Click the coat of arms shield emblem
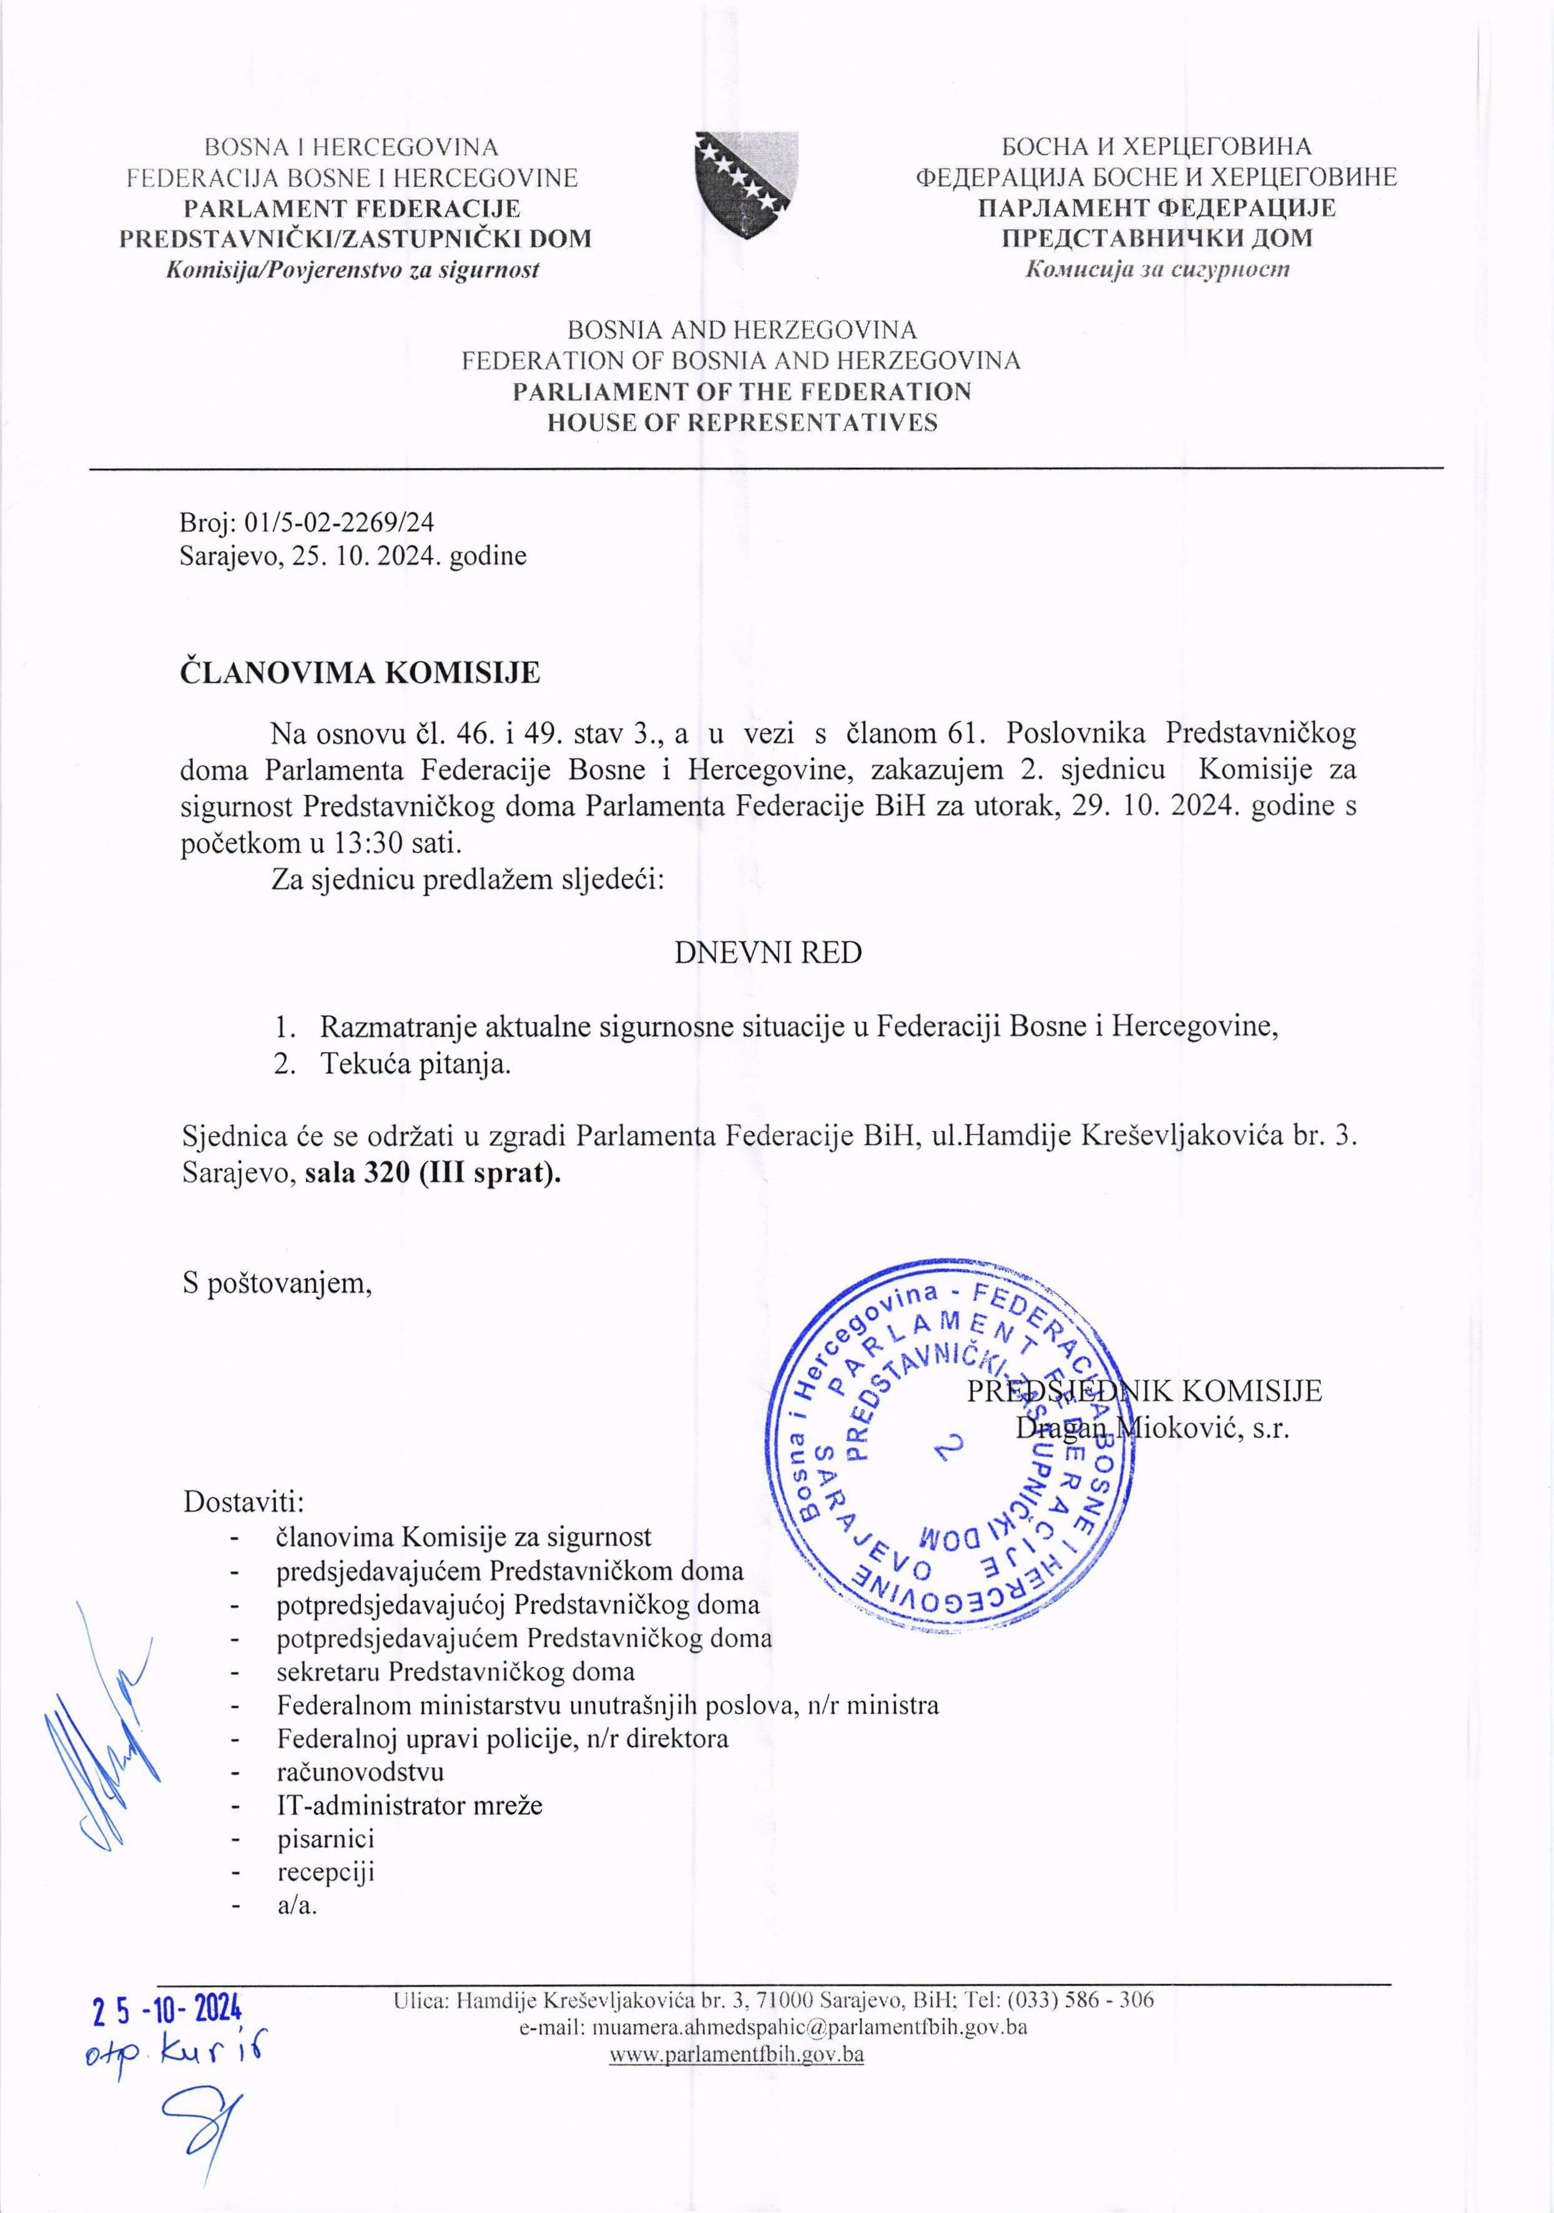pyautogui.click(x=746, y=182)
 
